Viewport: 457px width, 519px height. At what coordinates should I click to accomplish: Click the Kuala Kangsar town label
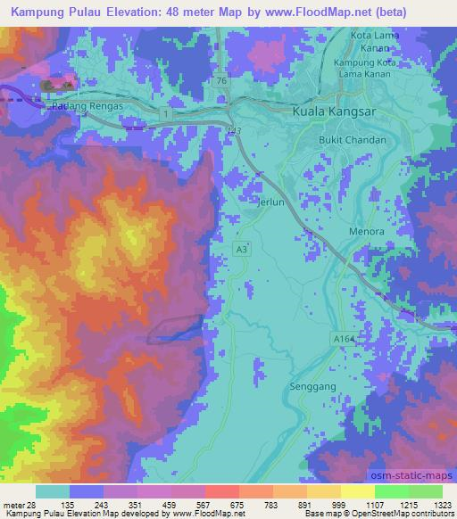point(333,112)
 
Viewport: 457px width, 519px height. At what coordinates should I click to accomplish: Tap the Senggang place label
point(310,387)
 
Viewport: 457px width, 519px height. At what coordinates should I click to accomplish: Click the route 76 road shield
point(220,80)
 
